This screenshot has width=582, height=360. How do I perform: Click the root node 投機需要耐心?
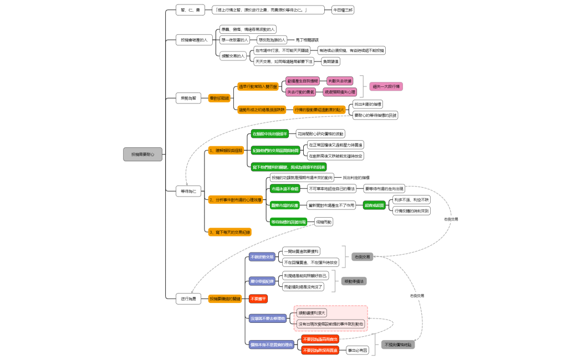[x=143, y=155]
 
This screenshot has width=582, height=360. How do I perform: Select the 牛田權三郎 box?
[x=343, y=10]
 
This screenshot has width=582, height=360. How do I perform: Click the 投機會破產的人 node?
[x=194, y=40]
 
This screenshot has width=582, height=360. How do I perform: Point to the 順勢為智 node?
[x=189, y=98]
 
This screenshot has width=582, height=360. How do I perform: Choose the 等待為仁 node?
[x=189, y=191]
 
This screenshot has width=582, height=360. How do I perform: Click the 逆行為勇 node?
[x=189, y=299]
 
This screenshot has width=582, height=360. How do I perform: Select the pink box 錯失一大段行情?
[x=386, y=86]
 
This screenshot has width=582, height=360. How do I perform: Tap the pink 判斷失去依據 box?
[x=340, y=81]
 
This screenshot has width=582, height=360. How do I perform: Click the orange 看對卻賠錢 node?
[x=219, y=98]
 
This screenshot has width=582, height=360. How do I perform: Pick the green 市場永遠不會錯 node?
[x=285, y=189]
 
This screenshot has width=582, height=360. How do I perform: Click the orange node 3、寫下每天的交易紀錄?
[x=229, y=232]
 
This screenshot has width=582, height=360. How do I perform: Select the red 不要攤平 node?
[x=258, y=299]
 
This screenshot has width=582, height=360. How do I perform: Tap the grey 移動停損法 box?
[x=354, y=281]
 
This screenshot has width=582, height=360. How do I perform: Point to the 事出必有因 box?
[x=358, y=350]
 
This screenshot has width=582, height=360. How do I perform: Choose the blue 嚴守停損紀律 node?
[x=262, y=281]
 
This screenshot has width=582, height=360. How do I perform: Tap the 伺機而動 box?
[x=324, y=222]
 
